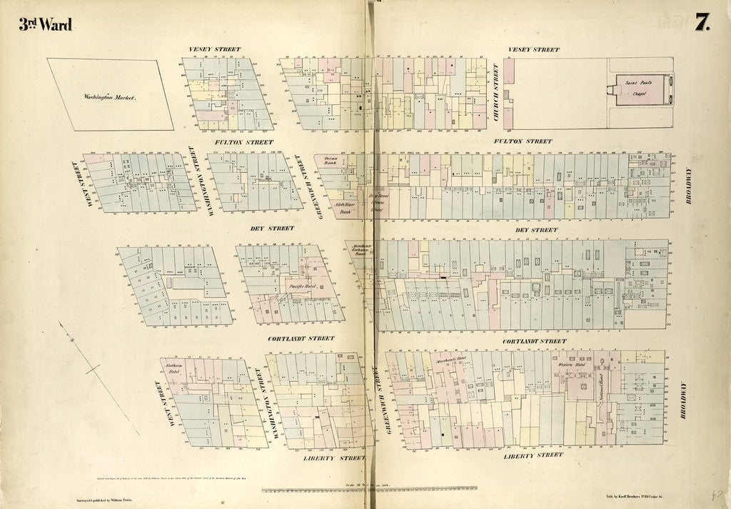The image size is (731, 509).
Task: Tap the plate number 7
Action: [702, 23]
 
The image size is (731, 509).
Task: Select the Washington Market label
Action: [109, 96]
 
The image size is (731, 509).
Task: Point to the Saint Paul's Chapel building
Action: [643, 91]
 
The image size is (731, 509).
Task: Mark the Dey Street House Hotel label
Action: [376, 202]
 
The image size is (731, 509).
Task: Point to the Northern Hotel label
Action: [174, 369]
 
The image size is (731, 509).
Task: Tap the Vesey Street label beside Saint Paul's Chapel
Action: [533, 50]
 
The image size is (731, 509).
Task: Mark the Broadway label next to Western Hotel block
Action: [682, 400]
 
